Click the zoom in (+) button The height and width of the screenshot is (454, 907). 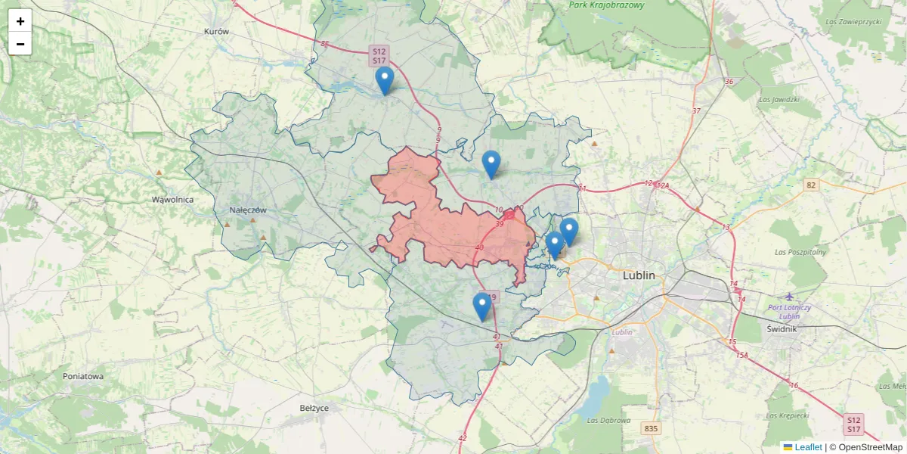pyautogui.click(x=20, y=21)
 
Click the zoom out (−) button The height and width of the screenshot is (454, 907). pyautogui.click(x=20, y=44)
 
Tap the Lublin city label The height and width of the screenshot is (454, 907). pyautogui.click(x=639, y=275)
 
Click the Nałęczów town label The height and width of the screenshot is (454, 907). pyautogui.click(x=249, y=210)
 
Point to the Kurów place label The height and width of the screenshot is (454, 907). pyautogui.click(x=216, y=32)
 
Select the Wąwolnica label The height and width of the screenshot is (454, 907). pyautogui.click(x=172, y=200)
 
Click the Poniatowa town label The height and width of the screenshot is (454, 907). pyautogui.click(x=83, y=376)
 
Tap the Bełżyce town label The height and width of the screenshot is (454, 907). pyautogui.click(x=314, y=408)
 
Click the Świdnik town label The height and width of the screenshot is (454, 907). pyautogui.click(x=782, y=329)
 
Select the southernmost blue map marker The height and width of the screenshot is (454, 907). pyautogui.click(x=481, y=307)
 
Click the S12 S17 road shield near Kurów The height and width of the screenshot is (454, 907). pyautogui.click(x=379, y=55)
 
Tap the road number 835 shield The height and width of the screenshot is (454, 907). pyautogui.click(x=651, y=429)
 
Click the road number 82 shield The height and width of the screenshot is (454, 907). pyautogui.click(x=811, y=185)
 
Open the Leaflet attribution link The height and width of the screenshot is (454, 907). pyautogui.click(x=807, y=447)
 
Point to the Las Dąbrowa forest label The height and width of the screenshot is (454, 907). pyautogui.click(x=608, y=419)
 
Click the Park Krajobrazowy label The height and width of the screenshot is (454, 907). pyautogui.click(x=607, y=5)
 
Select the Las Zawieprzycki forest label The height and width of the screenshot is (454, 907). pyautogui.click(x=853, y=22)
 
